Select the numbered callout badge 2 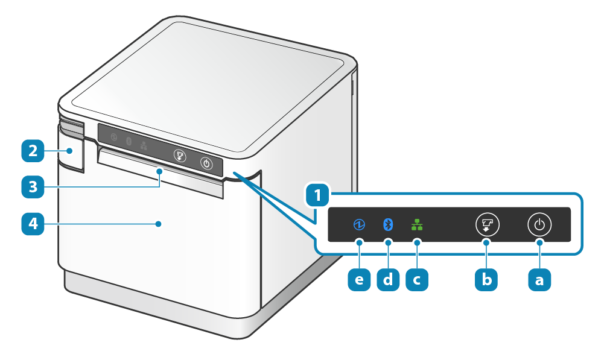(33, 151)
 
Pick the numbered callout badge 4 (33, 224)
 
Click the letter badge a (539, 279)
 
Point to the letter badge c (416, 279)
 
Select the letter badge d (388, 279)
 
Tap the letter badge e (360, 279)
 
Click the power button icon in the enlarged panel (539, 225)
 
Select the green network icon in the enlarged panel (416, 225)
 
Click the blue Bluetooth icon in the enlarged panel (388, 225)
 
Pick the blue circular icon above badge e (360, 225)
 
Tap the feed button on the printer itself (179, 156)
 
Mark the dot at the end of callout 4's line (158, 224)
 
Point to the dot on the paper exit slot (159, 172)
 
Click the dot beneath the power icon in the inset (539, 242)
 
